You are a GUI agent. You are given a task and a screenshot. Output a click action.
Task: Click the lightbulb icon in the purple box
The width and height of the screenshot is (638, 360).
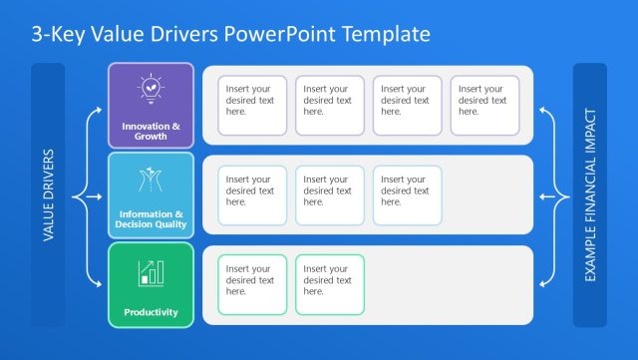point(151,90)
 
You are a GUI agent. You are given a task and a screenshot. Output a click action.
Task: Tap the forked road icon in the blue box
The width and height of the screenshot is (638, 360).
point(151,180)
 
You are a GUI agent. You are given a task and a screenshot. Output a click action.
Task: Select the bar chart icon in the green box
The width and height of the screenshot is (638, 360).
point(151,270)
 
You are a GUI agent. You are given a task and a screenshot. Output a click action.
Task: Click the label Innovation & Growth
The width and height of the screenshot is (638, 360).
point(151,131)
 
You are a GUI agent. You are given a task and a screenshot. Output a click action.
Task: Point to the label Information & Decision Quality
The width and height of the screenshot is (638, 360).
point(151,219)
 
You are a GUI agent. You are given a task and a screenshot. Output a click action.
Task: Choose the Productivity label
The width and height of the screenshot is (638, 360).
point(151,312)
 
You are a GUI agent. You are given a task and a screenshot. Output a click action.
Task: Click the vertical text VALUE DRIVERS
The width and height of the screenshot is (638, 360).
point(48,195)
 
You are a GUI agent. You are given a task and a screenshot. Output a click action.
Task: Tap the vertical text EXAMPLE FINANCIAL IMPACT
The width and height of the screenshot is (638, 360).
point(589,195)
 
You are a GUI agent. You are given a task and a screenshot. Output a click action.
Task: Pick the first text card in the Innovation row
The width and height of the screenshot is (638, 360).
point(252,106)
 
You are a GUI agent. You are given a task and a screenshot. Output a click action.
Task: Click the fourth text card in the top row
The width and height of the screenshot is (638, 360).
point(484,106)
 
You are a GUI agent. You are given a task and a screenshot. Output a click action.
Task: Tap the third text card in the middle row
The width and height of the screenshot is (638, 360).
point(407,195)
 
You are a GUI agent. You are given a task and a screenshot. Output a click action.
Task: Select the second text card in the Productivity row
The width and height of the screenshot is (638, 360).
point(330,285)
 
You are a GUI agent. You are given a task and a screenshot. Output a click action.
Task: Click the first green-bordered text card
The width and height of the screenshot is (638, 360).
point(252,285)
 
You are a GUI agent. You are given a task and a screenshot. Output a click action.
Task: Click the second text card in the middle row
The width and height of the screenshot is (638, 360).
point(330,195)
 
